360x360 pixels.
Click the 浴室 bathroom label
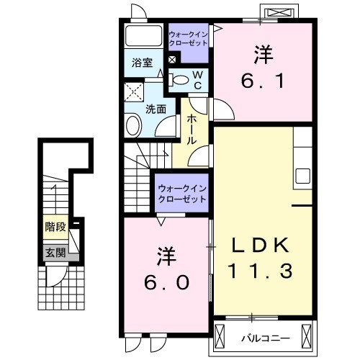142,63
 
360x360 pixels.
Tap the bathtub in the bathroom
144,37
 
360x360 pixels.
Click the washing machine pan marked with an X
134,91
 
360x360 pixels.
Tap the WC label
196,79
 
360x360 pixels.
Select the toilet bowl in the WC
181,79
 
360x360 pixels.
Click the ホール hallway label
192,129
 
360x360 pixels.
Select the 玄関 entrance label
55,252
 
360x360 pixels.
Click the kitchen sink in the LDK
302,175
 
